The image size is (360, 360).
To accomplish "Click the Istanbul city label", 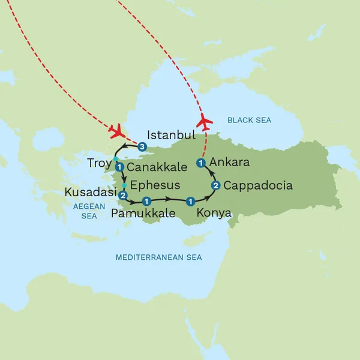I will [x=172, y=134].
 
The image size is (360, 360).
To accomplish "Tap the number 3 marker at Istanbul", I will [x=142, y=146].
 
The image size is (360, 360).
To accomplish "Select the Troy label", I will [x=100, y=163].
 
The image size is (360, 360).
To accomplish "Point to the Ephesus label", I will [x=155, y=184].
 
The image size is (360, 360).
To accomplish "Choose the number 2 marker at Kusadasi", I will [x=122, y=196].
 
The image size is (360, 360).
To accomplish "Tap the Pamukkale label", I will [x=143, y=213].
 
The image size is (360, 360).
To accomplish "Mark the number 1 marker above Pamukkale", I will [x=146, y=201].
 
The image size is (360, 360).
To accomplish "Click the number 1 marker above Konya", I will [x=190, y=201].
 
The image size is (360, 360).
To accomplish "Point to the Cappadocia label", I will [x=258, y=185].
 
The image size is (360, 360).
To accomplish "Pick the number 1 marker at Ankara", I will [x=201, y=162].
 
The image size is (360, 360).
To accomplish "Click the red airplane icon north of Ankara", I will [x=205, y=121].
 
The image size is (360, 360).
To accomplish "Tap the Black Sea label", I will [x=249, y=121].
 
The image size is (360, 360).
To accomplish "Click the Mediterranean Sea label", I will [x=159, y=257].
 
